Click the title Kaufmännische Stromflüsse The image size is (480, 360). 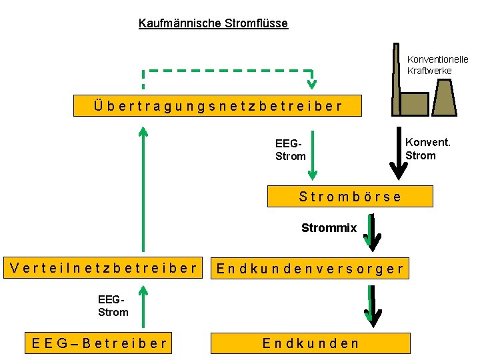pyautogui.click(x=213, y=23)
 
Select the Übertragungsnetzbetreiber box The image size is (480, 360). pyautogui.click(x=218, y=105)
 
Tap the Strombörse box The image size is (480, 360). pyautogui.click(x=350, y=196)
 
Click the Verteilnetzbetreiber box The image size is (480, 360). pyautogui.click(x=104, y=268)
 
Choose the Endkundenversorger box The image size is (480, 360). pyautogui.click(x=310, y=269)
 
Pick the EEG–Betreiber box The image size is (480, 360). pyautogui.click(x=99, y=343)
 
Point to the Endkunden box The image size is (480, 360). pyautogui.click(x=310, y=343)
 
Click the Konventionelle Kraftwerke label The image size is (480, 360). pyautogui.click(x=438, y=65)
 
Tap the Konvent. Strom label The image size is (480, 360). pyautogui.click(x=427, y=149)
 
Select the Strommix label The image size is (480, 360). pyautogui.click(x=329, y=228)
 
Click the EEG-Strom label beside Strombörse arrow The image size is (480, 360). pyautogui.click(x=291, y=149)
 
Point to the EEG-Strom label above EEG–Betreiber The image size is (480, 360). pyautogui.click(x=113, y=306)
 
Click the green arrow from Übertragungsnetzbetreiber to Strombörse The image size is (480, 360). pyautogui.click(x=312, y=153)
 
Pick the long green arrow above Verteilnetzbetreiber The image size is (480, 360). pyautogui.click(x=143, y=190)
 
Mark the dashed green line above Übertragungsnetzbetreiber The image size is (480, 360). pyautogui.click(x=227, y=70)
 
